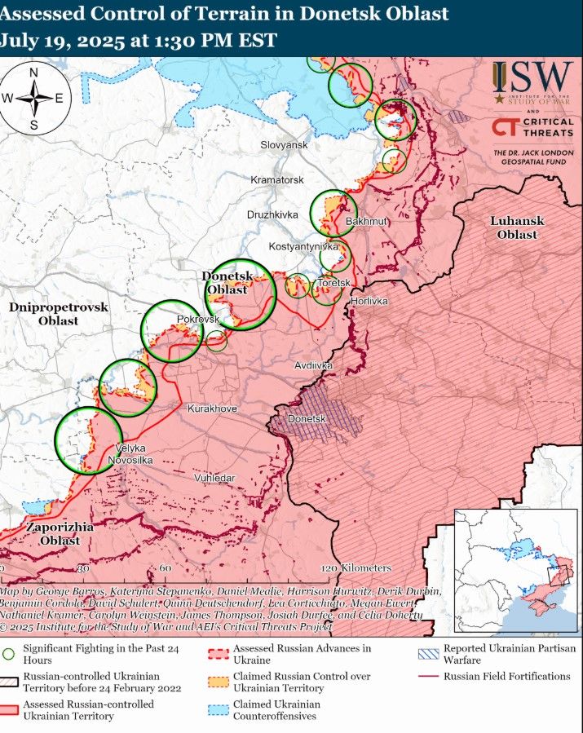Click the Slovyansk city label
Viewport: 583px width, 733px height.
click(284, 144)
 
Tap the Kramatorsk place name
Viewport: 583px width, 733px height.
click(277, 179)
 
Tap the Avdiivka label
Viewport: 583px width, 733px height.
click(314, 365)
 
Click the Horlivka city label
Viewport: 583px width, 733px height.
click(369, 301)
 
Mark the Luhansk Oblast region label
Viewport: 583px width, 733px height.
click(517, 227)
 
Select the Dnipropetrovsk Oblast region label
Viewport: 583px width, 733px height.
click(58, 313)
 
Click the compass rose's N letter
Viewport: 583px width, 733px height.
click(34, 73)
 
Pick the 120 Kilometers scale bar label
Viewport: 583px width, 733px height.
click(357, 567)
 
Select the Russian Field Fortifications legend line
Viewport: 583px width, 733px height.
click(435, 676)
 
